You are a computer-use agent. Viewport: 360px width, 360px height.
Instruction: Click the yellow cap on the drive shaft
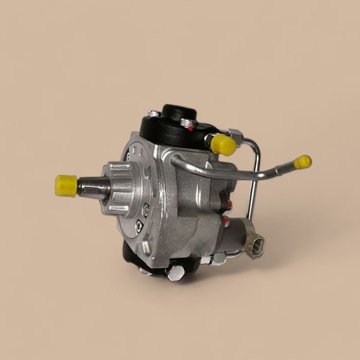coord(66,186)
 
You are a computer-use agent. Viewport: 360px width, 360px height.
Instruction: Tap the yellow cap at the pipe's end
coord(303,162)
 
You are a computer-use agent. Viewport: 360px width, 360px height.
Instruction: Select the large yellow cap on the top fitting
coord(223,144)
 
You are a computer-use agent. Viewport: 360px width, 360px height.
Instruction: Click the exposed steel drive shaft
coord(93,188)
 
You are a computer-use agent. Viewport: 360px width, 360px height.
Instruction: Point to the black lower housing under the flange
coord(135,257)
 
